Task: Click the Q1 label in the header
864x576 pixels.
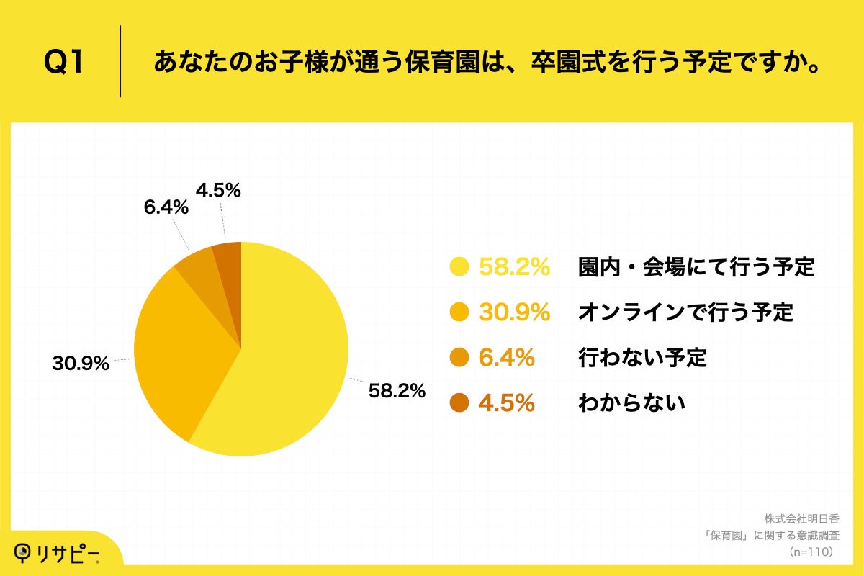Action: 64,63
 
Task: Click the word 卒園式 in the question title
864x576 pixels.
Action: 560,63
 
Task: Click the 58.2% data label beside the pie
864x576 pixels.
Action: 397,391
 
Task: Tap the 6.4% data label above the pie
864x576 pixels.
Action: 166,207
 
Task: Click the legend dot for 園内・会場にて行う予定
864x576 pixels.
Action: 459,267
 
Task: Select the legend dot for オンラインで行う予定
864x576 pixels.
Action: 459,312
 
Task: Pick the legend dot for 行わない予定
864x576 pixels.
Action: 459,358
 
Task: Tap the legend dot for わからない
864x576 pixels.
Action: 459,403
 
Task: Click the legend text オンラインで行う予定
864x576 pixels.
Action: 685,312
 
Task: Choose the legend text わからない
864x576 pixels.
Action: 631,403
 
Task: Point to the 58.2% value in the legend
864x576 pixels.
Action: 514,267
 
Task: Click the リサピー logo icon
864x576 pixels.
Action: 24,552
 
